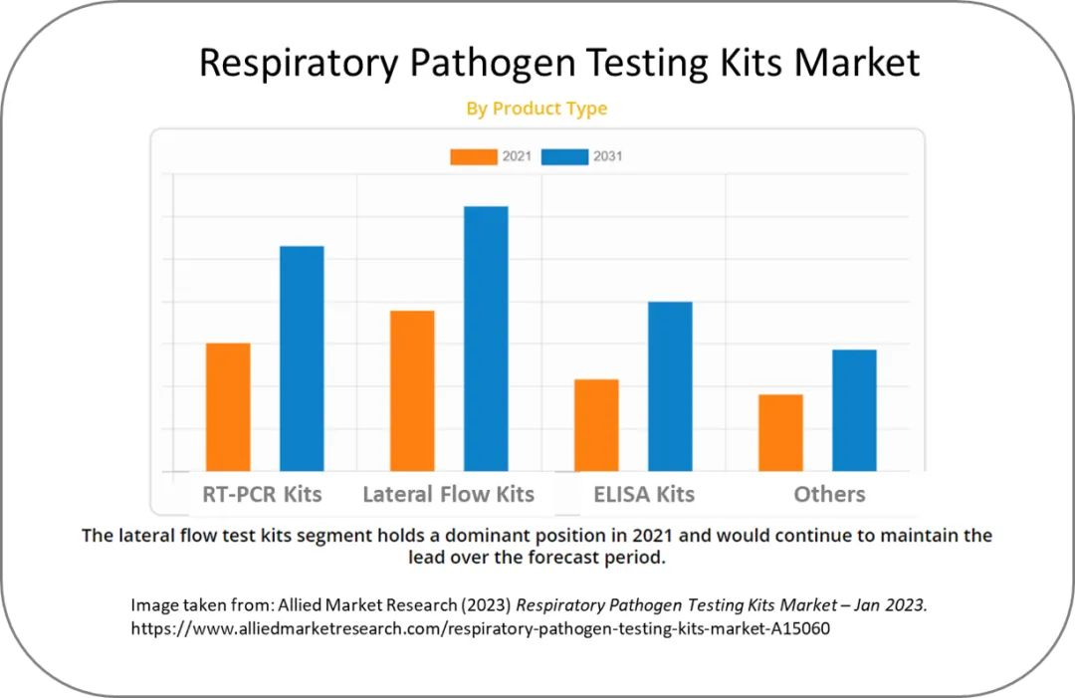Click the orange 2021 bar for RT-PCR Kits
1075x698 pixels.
point(228,407)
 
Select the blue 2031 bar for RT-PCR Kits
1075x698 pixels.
point(302,358)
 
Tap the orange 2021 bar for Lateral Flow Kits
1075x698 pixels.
point(412,390)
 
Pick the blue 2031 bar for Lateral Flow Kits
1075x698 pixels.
point(486,339)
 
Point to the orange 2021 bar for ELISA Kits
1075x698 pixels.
point(596,425)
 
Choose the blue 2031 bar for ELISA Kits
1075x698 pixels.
point(670,386)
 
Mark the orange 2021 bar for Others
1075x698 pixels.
point(780,433)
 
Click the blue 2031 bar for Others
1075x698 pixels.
point(854,410)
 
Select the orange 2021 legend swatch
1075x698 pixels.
point(473,156)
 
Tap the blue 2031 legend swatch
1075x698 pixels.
point(564,156)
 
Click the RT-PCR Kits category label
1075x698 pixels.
point(262,494)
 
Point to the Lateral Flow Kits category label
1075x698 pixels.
point(448,494)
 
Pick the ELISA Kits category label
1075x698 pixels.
point(644,494)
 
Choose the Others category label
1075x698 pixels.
point(829,494)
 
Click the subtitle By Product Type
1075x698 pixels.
point(537,109)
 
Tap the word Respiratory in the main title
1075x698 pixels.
point(300,63)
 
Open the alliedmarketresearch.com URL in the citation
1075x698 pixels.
point(480,629)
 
